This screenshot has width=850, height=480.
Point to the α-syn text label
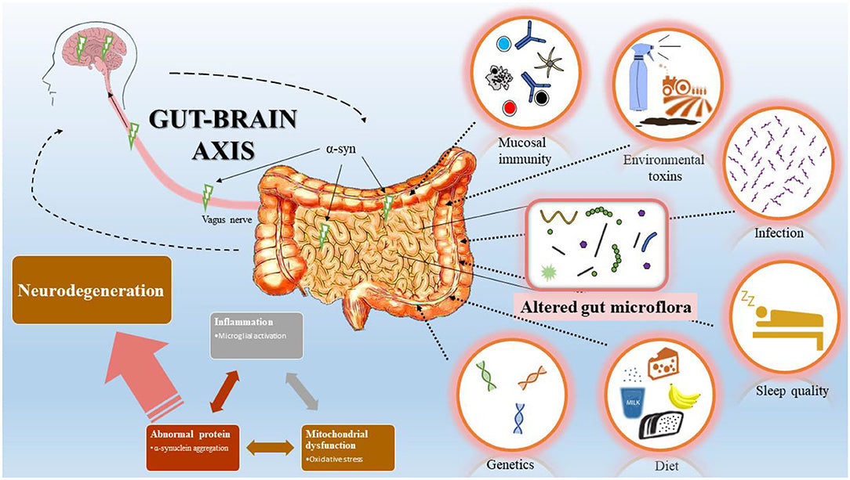(x=340, y=146)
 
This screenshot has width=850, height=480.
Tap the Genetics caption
(x=510, y=464)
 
